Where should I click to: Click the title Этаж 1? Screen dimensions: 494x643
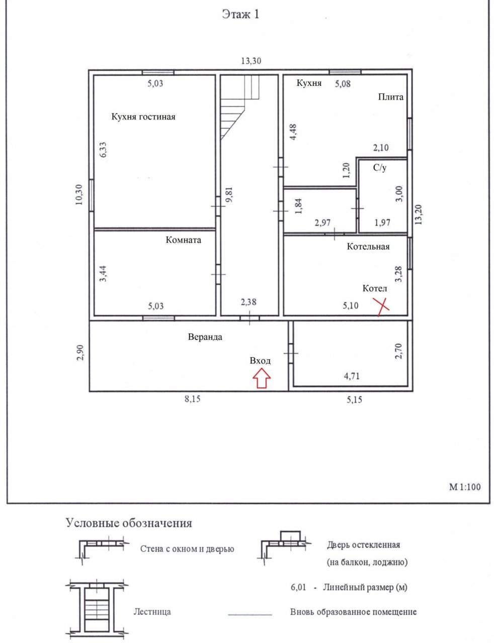(x=240, y=14)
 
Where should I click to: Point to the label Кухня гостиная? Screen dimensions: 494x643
(x=143, y=117)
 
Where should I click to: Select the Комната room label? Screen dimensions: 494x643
(x=183, y=240)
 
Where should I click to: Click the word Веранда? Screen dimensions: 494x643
(x=205, y=337)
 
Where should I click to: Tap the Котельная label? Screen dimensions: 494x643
(x=368, y=247)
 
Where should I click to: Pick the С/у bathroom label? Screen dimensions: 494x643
(x=380, y=168)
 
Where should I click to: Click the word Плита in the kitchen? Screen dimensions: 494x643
(x=390, y=97)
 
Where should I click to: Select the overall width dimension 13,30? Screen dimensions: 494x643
(x=251, y=61)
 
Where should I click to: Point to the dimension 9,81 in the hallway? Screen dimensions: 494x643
(x=229, y=194)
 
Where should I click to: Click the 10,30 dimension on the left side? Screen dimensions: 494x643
(x=79, y=195)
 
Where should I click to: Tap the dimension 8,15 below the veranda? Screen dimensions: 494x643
(x=193, y=399)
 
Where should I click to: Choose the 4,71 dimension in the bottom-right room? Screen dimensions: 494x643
(x=352, y=376)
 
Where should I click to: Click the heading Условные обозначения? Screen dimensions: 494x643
(x=129, y=523)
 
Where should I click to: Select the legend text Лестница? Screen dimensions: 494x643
(x=152, y=612)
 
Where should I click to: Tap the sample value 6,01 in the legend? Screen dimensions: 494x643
(x=298, y=587)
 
